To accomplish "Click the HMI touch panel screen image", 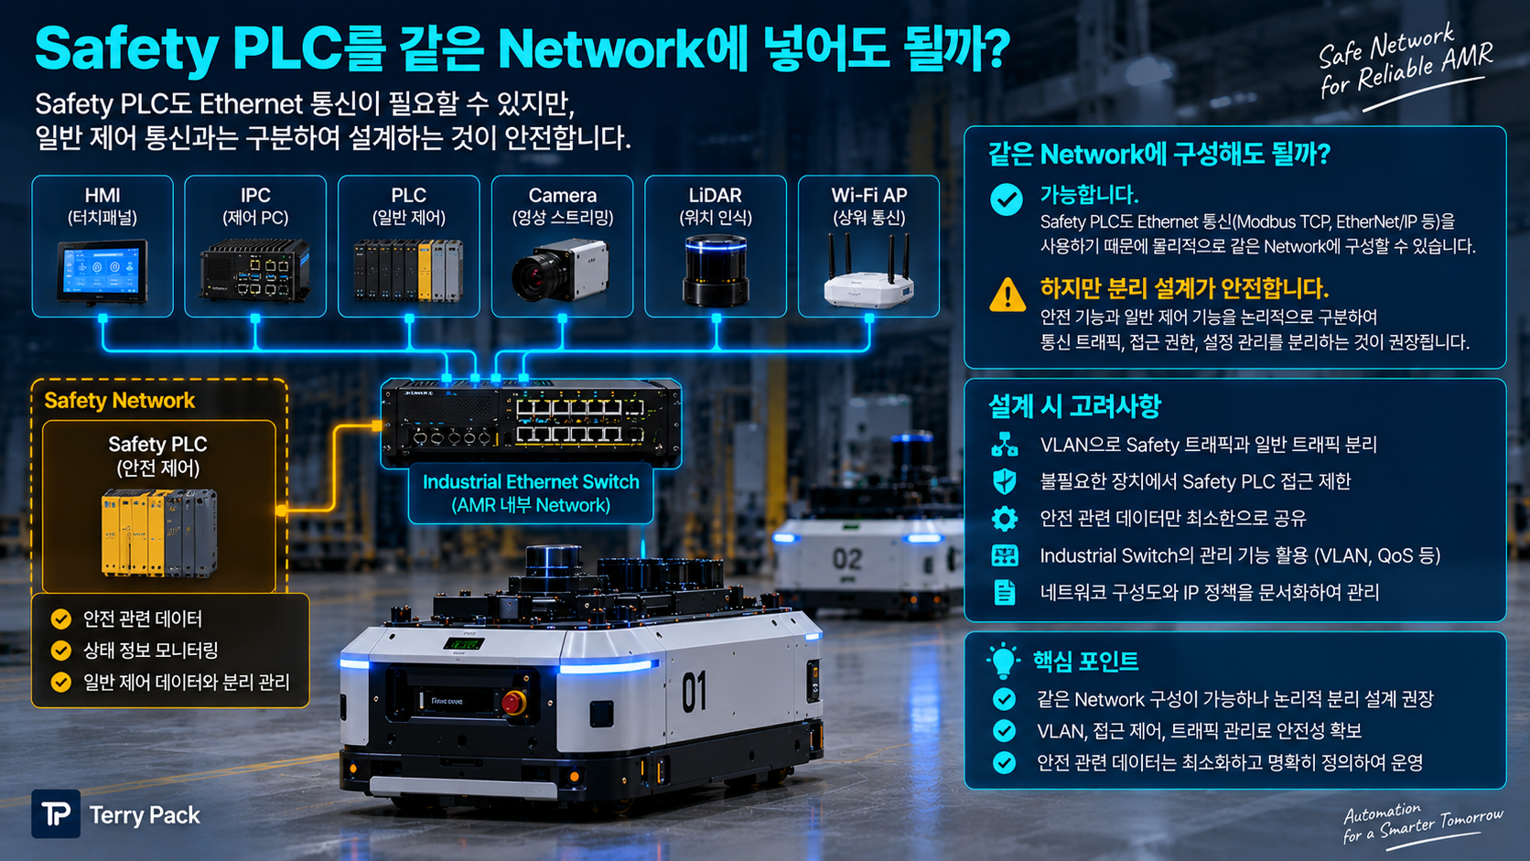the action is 102,271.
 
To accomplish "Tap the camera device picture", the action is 560,271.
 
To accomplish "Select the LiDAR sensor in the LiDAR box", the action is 716,270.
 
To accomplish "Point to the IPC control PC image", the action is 254,270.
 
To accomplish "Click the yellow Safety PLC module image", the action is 159,533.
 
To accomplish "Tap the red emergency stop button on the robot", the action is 513,702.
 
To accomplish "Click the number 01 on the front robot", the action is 694,691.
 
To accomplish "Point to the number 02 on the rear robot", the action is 847,559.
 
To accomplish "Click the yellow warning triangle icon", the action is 1007,295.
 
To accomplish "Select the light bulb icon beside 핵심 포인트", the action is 1003,661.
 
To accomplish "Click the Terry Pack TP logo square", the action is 56,814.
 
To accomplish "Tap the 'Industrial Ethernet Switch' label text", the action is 531,481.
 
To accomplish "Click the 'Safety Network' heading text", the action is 120,400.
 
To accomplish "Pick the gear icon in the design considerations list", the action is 1004,519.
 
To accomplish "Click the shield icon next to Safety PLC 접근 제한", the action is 1004,481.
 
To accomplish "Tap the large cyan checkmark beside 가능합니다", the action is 1006,199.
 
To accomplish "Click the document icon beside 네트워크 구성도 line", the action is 1004,592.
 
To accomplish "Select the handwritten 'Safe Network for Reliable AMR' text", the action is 1406,61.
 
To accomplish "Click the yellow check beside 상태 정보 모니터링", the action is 60,651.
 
